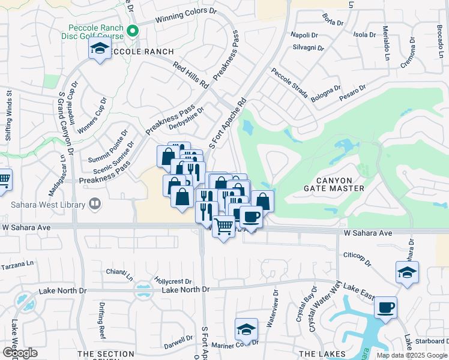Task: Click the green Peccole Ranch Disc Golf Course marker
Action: [133, 32]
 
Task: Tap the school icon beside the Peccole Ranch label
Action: [100, 49]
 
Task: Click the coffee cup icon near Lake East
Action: [385, 307]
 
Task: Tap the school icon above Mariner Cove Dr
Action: [246, 329]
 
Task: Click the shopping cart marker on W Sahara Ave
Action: [223, 227]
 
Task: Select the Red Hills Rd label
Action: [191, 74]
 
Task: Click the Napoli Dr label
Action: [303, 35]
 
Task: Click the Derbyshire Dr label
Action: [187, 115]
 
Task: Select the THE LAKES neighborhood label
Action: [322, 353]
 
